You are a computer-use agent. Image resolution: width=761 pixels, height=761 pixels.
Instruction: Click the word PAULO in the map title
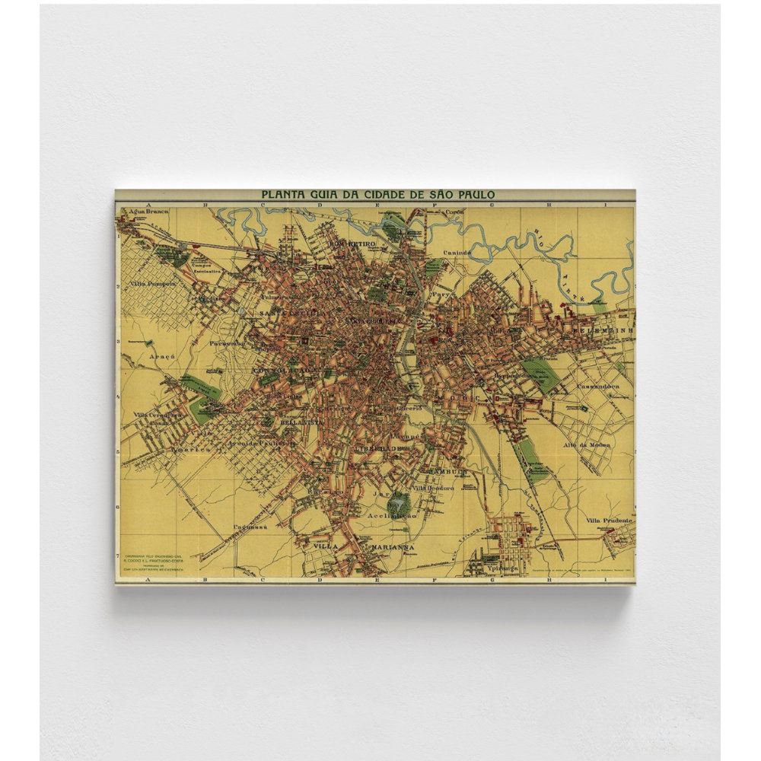474,195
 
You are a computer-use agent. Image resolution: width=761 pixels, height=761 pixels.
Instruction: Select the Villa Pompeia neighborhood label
153,282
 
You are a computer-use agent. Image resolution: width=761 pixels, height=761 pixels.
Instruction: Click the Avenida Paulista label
267,441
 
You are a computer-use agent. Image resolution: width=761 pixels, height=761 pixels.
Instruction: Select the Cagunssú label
247,527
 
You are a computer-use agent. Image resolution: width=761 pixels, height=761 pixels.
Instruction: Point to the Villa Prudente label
609,521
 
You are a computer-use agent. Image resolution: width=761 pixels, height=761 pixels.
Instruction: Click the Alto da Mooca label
584,423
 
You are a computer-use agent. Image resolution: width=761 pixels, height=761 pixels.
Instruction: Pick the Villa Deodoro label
434,488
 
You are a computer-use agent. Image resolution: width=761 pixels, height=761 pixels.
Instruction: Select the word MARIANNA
392,547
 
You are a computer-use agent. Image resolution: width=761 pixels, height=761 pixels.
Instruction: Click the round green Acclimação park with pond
397,504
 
